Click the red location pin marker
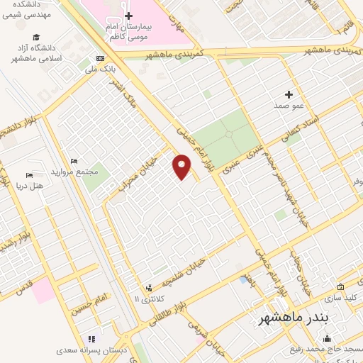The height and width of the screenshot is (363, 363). click(x=182, y=167)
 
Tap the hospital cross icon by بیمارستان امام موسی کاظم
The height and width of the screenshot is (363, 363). click(x=128, y=16)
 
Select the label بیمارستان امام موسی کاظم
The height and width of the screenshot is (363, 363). click(x=128, y=30)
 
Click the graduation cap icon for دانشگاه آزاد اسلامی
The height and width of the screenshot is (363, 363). click(x=36, y=38)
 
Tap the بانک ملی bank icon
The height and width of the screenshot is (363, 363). click(x=100, y=58)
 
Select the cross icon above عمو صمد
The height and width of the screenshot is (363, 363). click(x=288, y=94)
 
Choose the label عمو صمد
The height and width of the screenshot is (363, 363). click(x=288, y=105)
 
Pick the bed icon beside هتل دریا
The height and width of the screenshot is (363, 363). click(x=29, y=175)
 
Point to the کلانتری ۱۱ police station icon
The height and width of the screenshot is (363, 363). click(x=149, y=288)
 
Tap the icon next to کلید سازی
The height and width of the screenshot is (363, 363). click(x=341, y=287)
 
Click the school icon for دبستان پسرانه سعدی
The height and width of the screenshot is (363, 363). click(x=90, y=340)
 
